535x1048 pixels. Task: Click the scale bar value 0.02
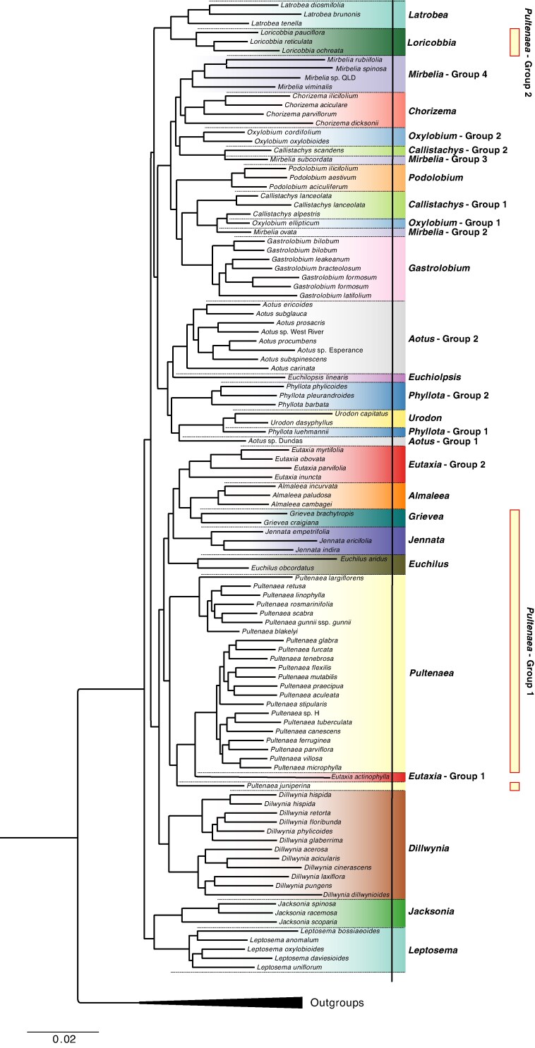tap(63, 1039)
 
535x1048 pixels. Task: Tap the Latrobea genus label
tap(428, 14)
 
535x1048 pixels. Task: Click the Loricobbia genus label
tap(432, 42)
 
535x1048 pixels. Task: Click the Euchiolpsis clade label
tap(435, 377)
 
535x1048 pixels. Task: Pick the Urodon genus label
tap(424, 418)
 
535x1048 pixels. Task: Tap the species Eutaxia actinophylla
tap(361, 776)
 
